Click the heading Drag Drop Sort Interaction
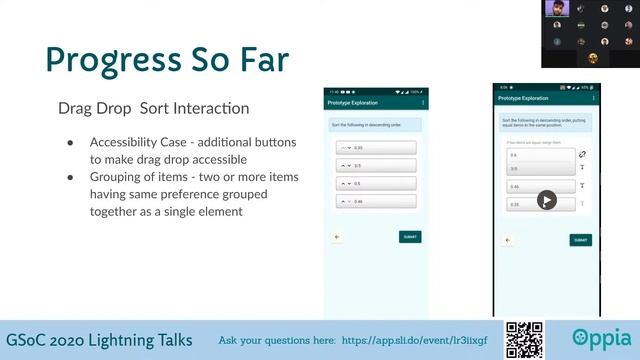tap(153, 108)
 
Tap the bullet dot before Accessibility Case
tap(70, 142)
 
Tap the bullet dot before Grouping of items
tap(70, 177)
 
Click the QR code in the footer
tap(524, 339)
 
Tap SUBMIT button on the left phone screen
tap(409, 237)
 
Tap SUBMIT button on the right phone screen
tap(580, 240)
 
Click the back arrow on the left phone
tap(337, 237)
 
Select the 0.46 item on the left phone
tap(376, 202)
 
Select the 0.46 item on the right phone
tap(541, 186)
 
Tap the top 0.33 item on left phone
tap(376, 147)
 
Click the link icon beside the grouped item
tap(583, 155)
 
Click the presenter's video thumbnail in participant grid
tap(559, 9)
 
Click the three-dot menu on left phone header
tap(423, 102)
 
